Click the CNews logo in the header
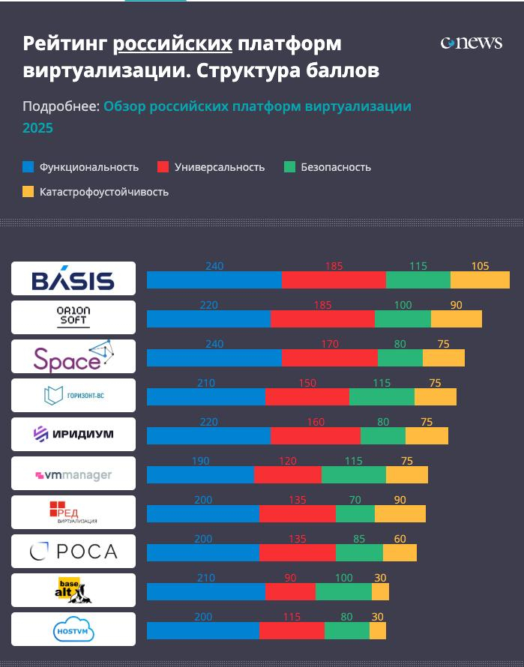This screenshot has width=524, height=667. click(471, 43)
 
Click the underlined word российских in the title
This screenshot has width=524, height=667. click(172, 43)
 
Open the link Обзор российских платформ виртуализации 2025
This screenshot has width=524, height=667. click(256, 106)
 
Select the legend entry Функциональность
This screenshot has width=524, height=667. click(88, 167)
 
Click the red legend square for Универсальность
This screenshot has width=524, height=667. click(163, 167)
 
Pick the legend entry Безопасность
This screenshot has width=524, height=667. click(335, 167)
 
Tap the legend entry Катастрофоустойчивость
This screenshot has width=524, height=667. click(103, 192)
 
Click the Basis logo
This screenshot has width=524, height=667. click(73, 279)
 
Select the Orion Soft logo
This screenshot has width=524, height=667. click(73, 317)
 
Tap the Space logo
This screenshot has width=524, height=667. click(73, 357)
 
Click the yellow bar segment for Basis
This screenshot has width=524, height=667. click(480, 280)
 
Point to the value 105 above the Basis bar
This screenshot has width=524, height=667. click(480, 266)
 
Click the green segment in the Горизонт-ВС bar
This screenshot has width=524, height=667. click(382, 397)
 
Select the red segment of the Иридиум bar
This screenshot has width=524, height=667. click(315, 436)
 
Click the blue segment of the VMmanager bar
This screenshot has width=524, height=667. click(200, 475)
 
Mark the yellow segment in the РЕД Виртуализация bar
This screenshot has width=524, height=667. click(400, 514)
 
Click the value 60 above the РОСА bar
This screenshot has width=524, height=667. click(400, 539)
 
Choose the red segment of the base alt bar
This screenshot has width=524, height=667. click(290, 592)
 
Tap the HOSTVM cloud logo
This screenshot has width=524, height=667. click(73, 630)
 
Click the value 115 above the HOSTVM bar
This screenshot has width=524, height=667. click(292, 617)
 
